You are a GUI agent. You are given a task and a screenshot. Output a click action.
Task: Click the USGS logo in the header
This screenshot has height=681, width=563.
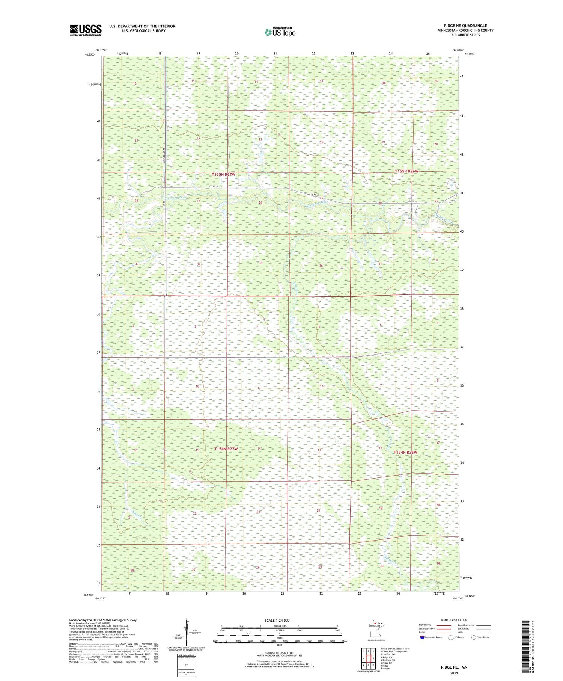(x=86, y=30)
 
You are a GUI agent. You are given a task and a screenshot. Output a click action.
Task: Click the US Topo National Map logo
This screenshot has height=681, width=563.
(x=280, y=32)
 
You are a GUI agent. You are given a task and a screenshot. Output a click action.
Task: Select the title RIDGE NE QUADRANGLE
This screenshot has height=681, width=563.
(x=465, y=26)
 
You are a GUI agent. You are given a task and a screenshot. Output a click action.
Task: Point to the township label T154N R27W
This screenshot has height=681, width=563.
(x=226, y=449)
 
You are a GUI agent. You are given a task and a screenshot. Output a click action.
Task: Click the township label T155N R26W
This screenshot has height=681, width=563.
(x=406, y=171)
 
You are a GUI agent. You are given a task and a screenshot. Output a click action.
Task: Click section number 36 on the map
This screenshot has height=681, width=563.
(x=321, y=266)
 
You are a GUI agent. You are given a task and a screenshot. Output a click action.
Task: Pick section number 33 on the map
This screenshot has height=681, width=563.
(x=137, y=264)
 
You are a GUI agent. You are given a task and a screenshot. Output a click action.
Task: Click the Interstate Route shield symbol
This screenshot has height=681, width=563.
(x=423, y=637)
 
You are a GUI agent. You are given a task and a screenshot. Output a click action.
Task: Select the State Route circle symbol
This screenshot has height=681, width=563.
(x=474, y=637)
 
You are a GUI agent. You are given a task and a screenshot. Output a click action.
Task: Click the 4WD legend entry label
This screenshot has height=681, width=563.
(x=460, y=632)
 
